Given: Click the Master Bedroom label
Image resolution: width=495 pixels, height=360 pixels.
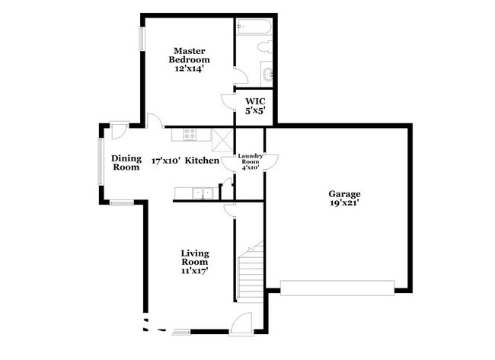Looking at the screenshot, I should tap(189, 54).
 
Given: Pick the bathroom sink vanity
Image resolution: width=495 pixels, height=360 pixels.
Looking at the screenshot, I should tap(267, 74).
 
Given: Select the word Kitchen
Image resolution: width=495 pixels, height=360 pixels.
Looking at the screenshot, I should tap(203, 161).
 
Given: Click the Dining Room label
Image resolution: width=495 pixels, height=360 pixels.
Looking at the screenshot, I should tap(126, 162).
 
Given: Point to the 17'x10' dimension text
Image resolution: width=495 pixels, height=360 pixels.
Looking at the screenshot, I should tap(165, 161).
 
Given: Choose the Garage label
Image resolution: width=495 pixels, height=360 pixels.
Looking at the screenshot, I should tap(344, 194).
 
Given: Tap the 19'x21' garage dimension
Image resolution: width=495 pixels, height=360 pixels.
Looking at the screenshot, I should tap(344, 205).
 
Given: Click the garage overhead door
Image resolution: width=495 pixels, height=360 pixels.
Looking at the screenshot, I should tap(337, 287).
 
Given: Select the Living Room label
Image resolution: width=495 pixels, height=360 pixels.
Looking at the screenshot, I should tap(195, 257).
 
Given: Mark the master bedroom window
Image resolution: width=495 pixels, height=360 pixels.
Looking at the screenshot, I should tap(141, 40).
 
